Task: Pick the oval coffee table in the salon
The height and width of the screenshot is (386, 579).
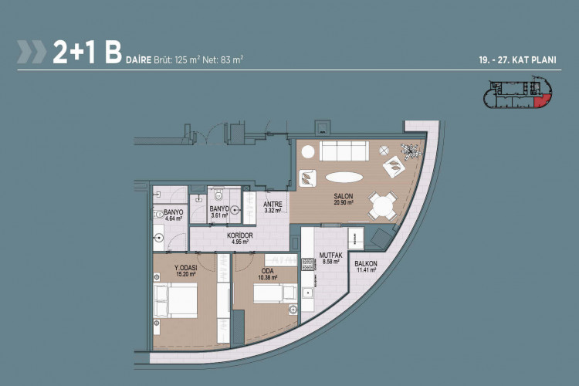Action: click(346, 175)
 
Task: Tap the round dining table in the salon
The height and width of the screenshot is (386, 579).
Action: click(383, 205)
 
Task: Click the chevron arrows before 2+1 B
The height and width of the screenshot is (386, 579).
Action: click(32, 52)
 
